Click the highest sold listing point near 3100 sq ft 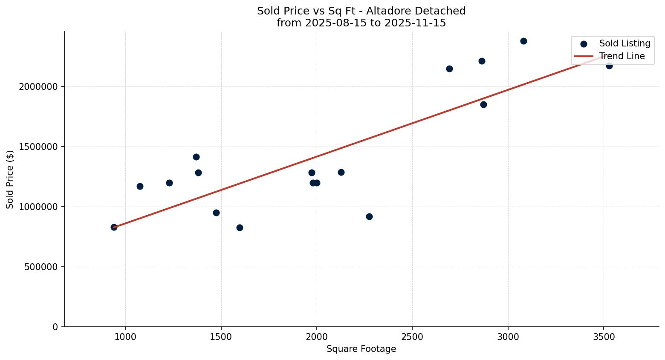(523, 41)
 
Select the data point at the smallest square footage (114, 227)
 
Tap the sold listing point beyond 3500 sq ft (609, 66)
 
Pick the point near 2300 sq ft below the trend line (369, 216)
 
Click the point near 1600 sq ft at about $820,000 (240, 228)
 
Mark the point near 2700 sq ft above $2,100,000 (449, 69)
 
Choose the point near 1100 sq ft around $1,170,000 (140, 186)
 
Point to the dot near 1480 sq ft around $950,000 (216, 213)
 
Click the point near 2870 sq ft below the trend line (483, 104)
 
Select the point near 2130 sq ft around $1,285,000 (341, 172)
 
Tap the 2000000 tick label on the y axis (38, 87)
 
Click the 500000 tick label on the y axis (41, 267)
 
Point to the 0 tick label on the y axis (55, 327)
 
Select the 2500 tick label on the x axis (412, 337)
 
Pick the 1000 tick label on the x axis (125, 337)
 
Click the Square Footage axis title (361, 349)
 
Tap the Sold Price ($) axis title (10, 179)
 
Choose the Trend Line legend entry (622, 56)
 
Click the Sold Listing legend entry (625, 43)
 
